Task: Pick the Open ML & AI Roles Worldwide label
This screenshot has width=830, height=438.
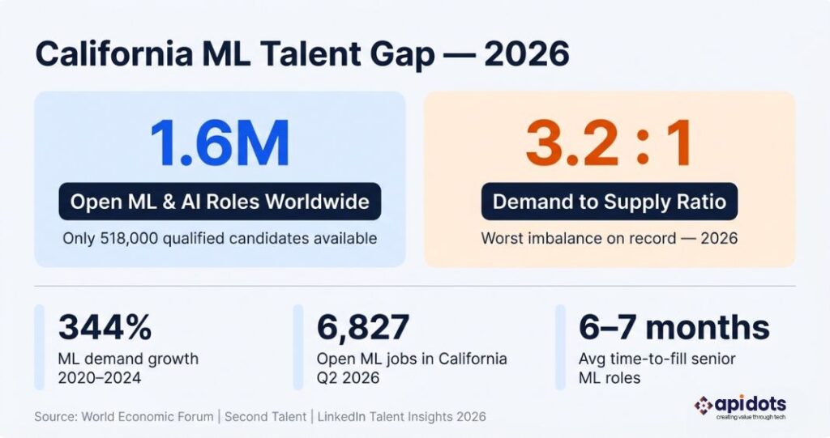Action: tap(220, 202)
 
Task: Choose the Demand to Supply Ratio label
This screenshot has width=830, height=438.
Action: tap(609, 202)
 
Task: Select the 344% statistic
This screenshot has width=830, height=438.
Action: tap(105, 328)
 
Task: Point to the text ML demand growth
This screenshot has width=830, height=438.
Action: tap(128, 359)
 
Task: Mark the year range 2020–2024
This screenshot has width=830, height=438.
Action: tap(100, 377)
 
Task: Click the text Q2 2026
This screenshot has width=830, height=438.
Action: tap(348, 377)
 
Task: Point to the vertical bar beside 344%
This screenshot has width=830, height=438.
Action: tap(39, 347)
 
